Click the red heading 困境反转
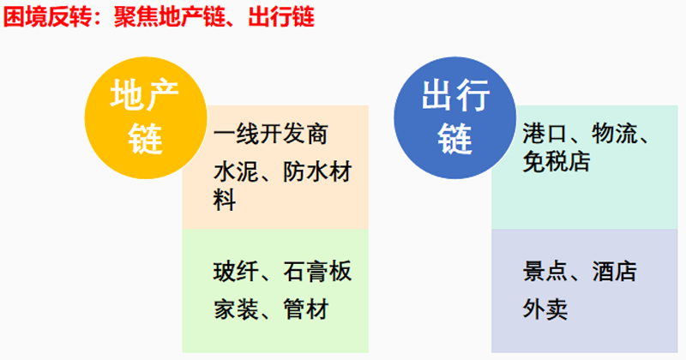47,17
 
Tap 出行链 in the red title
281,17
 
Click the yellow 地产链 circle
146,117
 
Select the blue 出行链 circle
455,117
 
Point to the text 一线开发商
271,134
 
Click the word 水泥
237,172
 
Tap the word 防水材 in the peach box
317,172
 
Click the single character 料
225,200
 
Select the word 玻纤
237,271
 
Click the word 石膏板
317,271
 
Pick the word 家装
237,309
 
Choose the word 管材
306,309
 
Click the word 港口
545,134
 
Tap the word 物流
615,134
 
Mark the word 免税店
557,161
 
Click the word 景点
545,271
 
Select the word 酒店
615,271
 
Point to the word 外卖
545,309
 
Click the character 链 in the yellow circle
146,138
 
